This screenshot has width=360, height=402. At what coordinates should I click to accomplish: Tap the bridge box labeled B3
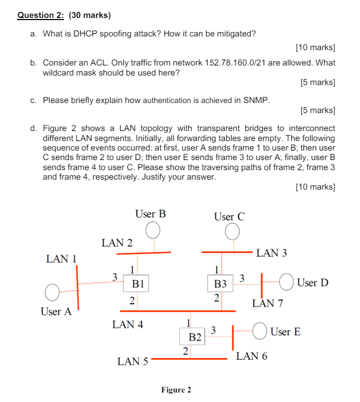(220, 284)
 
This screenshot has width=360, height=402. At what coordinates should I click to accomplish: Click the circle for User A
(52, 292)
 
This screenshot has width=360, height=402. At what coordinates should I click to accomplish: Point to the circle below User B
(153, 230)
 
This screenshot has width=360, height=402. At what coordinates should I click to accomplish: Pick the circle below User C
(232, 232)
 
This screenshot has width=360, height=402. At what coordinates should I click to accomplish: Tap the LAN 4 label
(127, 324)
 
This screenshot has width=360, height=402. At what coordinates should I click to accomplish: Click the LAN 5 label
(133, 361)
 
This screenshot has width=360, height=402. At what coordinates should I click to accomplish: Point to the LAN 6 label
(252, 356)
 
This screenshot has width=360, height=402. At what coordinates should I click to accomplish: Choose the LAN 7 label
(267, 303)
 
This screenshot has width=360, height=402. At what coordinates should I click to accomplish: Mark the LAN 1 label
(62, 259)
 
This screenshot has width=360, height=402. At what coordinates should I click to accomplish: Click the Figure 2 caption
(176, 390)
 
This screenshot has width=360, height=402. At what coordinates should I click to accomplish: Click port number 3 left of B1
(114, 276)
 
